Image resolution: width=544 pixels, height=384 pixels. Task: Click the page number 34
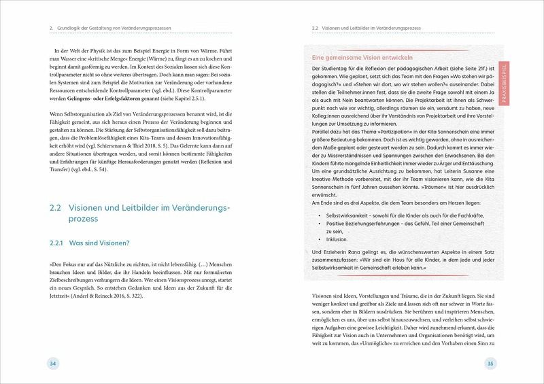click(x=52, y=364)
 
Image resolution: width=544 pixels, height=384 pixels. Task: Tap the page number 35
click(x=492, y=364)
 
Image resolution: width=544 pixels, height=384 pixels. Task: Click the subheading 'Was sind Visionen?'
click(x=101, y=243)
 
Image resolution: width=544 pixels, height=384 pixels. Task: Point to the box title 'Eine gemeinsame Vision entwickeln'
click(x=366, y=59)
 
